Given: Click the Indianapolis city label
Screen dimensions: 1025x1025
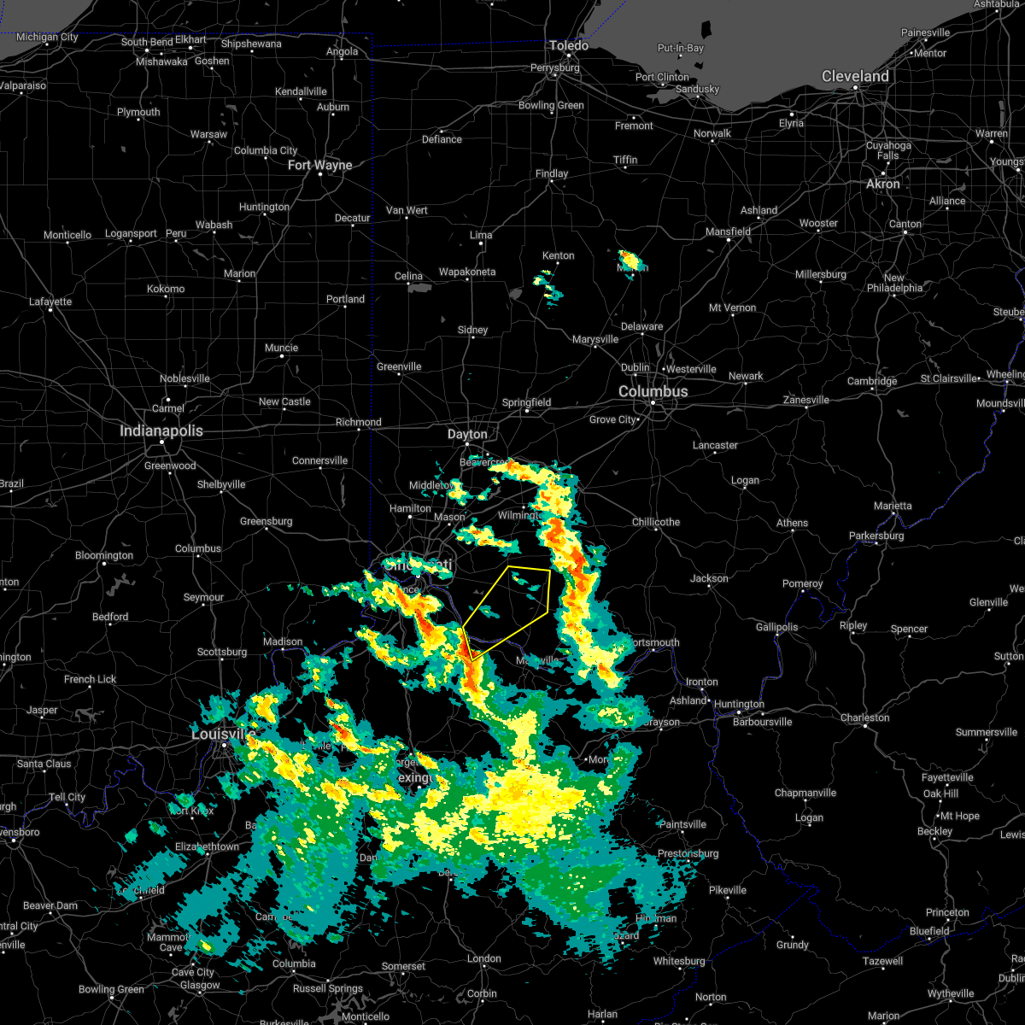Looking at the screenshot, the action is point(161,431).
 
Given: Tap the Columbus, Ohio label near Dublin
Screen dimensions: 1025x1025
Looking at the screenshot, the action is point(653,391).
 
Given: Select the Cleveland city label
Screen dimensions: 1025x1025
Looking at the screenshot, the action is point(855,76).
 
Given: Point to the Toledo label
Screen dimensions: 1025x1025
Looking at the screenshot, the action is point(569,45).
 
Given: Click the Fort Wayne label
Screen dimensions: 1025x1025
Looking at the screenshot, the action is point(319,165).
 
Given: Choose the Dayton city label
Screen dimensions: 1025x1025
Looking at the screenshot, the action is point(467,434).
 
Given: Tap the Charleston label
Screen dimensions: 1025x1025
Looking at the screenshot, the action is point(865,717).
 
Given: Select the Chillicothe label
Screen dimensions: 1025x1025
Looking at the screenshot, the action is point(656,522).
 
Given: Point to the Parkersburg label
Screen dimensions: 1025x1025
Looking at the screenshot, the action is point(876,536).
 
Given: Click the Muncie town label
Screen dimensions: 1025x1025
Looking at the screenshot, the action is point(281,348).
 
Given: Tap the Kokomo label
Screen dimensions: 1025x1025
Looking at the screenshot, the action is point(166,289).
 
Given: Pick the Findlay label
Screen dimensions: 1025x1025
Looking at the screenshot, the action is point(552,173).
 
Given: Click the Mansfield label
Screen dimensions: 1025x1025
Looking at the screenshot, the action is point(729,231).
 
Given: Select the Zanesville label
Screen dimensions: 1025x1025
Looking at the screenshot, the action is point(806,400).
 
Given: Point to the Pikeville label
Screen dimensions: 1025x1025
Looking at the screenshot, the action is point(727,890).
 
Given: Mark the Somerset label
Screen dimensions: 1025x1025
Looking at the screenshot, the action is point(403,966).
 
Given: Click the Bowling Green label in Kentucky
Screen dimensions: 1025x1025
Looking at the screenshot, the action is point(111,989).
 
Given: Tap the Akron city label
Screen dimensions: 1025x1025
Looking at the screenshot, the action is point(883,184).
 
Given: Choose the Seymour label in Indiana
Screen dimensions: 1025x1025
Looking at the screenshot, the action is point(203,597).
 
